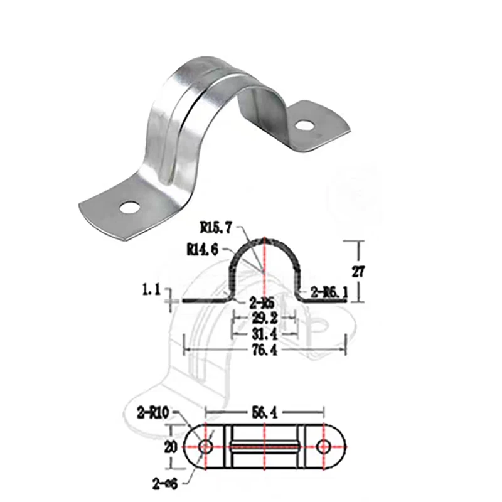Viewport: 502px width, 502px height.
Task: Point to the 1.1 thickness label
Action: click(153, 289)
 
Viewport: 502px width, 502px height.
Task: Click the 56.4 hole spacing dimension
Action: click(264, 412)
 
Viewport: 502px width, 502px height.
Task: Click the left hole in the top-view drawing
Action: click(205, 446)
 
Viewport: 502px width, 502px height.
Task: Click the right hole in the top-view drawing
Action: click(324, 446)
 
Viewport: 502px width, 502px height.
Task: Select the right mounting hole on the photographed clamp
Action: click(304, 125)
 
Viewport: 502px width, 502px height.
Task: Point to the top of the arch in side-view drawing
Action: click(264, 239)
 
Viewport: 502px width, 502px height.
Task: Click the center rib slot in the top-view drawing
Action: click(264, 446)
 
